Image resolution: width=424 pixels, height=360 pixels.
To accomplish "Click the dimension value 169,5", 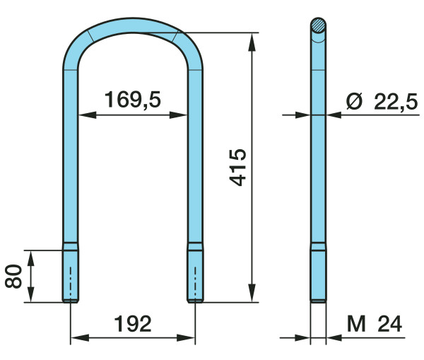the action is tap(133, 100).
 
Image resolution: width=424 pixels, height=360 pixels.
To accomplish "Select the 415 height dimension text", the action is tap(237, 168).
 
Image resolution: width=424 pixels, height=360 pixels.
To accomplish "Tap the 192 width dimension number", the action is tap(133, 324).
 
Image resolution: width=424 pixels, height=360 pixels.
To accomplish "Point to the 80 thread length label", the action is tap(13, 277).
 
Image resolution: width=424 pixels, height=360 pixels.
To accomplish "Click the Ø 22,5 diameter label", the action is tap(382, 101).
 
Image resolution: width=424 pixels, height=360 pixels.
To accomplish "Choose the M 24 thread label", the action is tap(375, 324).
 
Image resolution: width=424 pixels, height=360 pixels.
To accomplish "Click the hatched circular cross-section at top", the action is tap(318, 25).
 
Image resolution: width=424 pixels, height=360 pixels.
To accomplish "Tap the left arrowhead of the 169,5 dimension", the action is tap(87, 115).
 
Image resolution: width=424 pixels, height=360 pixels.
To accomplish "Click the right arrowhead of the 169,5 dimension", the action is tap(179, 115).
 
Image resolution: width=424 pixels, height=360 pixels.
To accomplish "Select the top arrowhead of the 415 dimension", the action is tap(252, 42).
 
